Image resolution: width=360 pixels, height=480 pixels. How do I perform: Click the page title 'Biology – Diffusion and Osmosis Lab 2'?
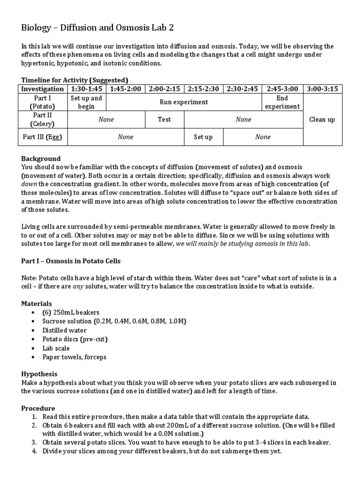tap(97, 28)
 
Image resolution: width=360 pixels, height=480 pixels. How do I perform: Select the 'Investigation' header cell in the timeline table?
tap(43, 89)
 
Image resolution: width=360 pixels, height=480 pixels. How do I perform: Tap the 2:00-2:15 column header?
tap(164, 89)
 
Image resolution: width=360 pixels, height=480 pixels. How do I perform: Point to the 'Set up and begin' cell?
tap(86, 102)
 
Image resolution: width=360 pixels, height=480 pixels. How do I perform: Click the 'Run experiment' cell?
tap(184, 102)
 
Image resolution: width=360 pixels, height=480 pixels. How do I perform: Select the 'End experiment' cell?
tap(282, 102)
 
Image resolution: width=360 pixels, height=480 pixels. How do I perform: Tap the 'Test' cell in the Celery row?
tap(164, 120)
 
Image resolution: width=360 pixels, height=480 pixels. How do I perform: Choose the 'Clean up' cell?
tap(322, 120)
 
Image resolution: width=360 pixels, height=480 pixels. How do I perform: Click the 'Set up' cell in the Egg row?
tap(203, 137)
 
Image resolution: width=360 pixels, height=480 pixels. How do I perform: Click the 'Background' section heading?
tap(41, 158)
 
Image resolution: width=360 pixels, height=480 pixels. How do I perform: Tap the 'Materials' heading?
tap(37, 304)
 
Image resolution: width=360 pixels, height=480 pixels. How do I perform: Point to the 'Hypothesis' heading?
tap(39, 374)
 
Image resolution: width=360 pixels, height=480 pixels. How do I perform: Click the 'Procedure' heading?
tap(38, 408)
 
